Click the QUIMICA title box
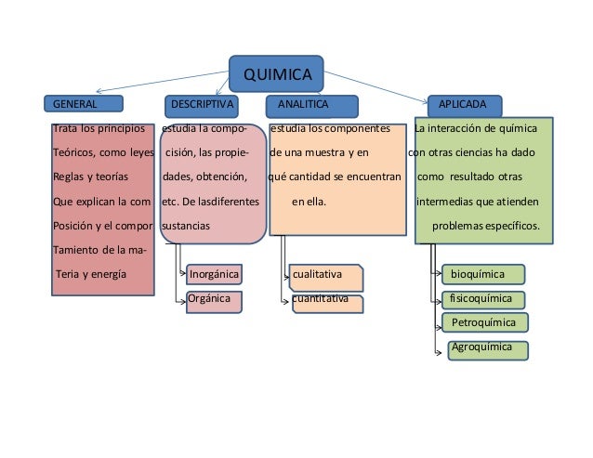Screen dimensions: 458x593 276,73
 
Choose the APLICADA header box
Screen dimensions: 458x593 465,103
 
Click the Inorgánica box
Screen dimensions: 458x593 214,274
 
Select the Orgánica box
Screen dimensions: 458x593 213,301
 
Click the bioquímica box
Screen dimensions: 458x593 482,275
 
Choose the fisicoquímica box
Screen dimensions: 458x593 482,300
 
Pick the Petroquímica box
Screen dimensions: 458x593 484,323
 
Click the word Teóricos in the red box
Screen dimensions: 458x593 73,151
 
